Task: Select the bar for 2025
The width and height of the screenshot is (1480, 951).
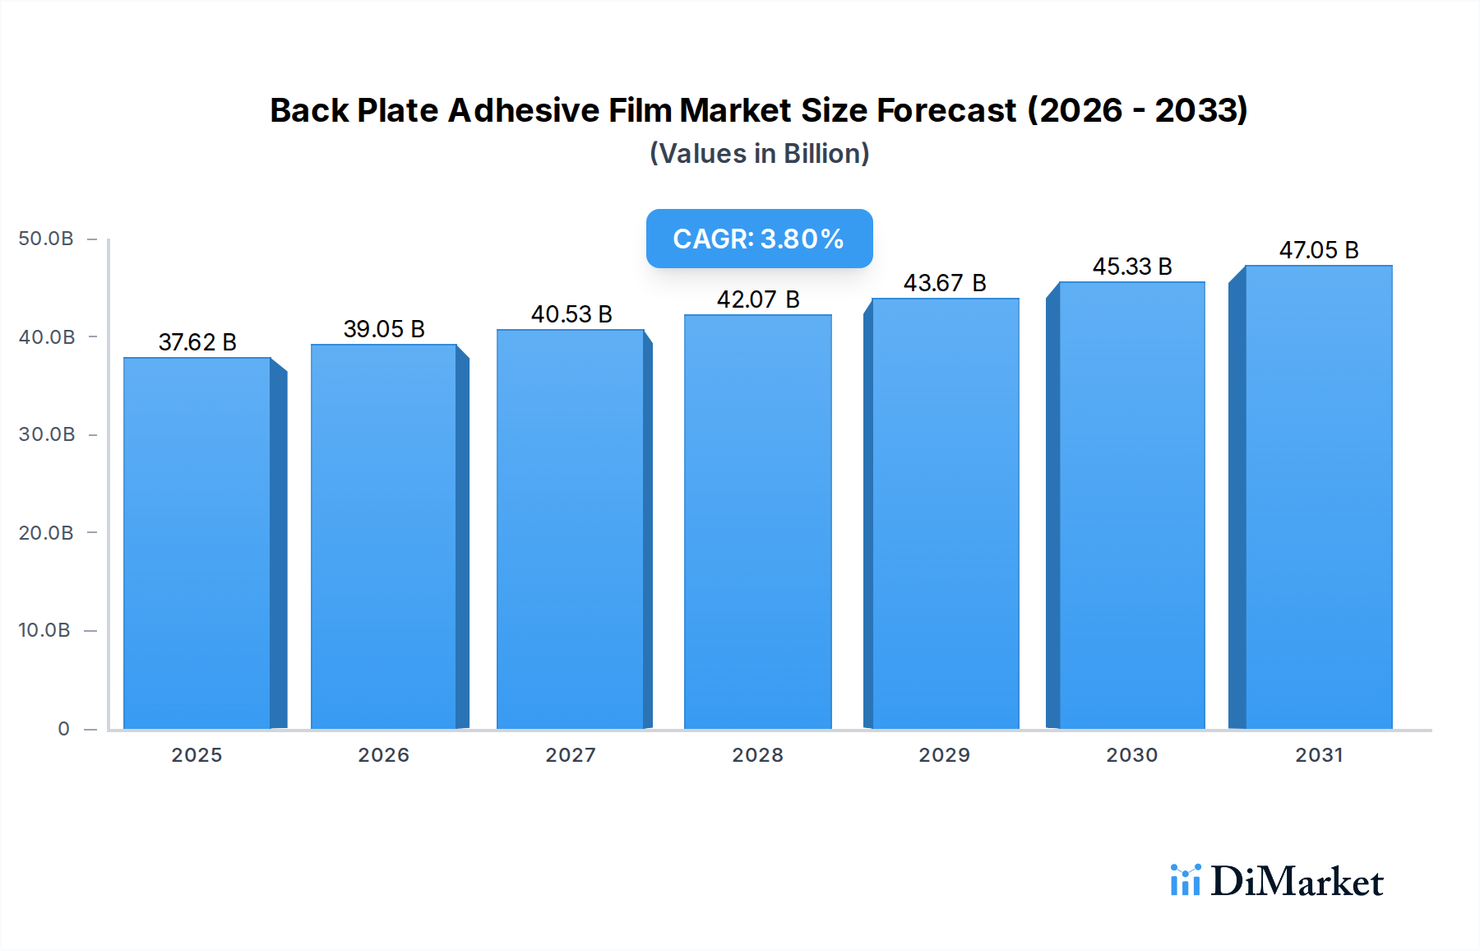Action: pyautogui.click(x=197, y=543)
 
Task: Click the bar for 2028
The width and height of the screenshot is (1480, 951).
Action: pyautogui.click(x=757, y=522)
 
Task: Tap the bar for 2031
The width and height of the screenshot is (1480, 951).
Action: pyautogui.click(x=1319, y=497)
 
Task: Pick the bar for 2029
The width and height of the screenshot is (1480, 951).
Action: pyautogui.click(x=945, y=513)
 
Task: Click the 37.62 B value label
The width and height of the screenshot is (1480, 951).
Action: pyautogui.click(x=197, y=342)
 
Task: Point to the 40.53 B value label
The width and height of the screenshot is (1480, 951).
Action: pyautogui.click(x=571, y=314)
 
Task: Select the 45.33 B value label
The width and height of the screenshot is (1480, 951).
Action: pyautogui.click(x=1132, y=267)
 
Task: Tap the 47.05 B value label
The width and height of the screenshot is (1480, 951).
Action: pyautogui.click(x=1319, y=250)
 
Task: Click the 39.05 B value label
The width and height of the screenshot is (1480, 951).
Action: pyautogui.click(x=384, y=329)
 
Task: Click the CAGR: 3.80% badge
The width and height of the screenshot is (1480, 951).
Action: pyautogui.click(x=759, y=239)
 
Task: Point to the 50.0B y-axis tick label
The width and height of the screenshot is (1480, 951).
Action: pyautogui.click(x=46, y=239)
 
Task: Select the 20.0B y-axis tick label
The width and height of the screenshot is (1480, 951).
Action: pyautogui.click(x=46, y=533)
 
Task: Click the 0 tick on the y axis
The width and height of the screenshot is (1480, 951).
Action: pyautogui.click(x=63, y=729)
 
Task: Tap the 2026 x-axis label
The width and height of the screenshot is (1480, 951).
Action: pyautogui.click(x=383, y=755)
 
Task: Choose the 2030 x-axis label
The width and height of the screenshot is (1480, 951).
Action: pyautogui.click(x=1131, y=755)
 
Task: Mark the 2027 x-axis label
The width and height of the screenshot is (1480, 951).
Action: pyautogui.click(x=571, y=755)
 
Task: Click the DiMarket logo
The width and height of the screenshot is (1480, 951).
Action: pyautogui.click(x=1276, y=881)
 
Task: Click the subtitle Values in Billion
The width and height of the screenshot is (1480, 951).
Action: pyautogui.click(x=759, y=154)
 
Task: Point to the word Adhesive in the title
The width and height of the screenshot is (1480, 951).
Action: pyautogui.click(x=523, y=110)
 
